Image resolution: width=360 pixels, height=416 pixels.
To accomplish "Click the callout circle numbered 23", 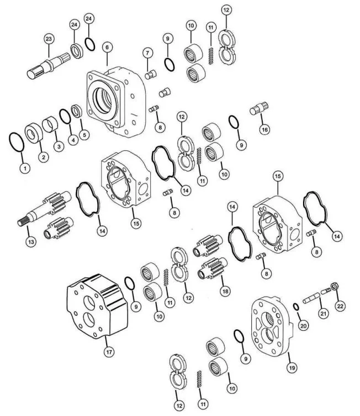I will [x=49, y=39].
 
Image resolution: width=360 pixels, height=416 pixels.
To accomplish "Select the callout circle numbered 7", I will [x=147, y=52].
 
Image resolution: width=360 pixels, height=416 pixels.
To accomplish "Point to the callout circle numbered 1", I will [x=24, y=167].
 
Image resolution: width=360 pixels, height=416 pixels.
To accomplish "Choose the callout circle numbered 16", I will [x=264, y=129].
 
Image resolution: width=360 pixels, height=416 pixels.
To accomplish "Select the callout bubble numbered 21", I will [x=321, y=313].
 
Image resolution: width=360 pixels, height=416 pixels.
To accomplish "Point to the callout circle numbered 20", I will [x=301, y=325].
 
